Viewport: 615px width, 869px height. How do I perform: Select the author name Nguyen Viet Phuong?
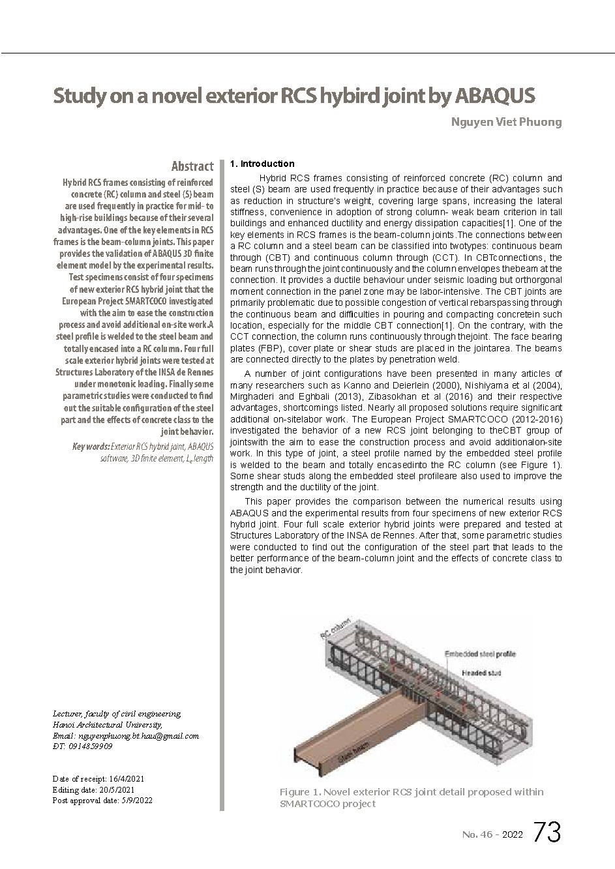[x=506, y=122]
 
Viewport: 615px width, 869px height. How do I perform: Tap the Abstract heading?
[x=192, y=166]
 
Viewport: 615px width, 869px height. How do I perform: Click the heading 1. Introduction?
[x=262, y=164]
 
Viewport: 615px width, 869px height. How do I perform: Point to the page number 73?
[x=547, y=832]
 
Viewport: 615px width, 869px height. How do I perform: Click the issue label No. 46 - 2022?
[x=492, y=834]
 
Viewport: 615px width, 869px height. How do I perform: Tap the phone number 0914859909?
[x=90, y=746]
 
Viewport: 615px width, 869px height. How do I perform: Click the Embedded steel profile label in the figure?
[x=479, y=653]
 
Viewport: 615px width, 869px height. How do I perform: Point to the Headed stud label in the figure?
[x=481, y=672]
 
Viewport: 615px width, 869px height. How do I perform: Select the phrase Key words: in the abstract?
[x=91, y=447]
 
